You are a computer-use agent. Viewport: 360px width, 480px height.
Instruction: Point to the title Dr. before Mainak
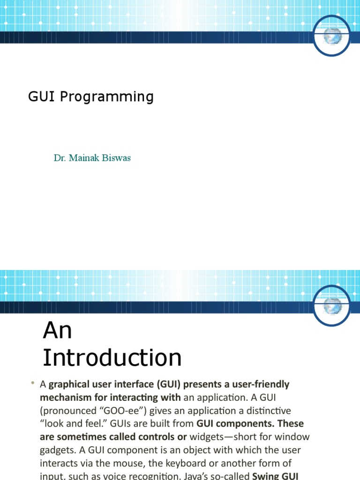click(60, 158)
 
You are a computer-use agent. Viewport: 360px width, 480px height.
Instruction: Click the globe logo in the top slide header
click(332, 37)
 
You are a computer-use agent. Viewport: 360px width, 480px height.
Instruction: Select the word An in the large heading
click(57, 331)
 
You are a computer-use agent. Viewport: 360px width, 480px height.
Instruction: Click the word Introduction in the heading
click(112, 358)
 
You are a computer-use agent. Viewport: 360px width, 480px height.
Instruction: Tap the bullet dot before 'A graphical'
click(33, 384)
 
